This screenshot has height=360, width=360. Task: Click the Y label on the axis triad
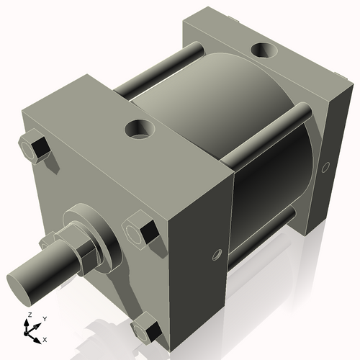tap(44, 318)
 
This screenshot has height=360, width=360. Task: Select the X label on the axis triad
tap(45, 338)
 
